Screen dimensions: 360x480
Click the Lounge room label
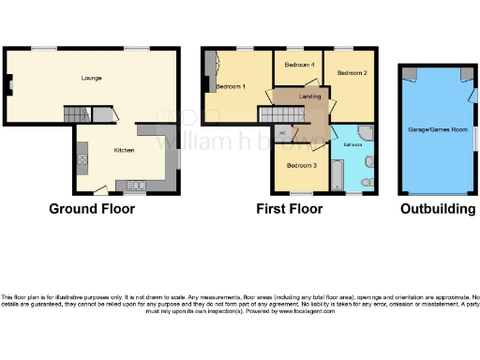point(91,78)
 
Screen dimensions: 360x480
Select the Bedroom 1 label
point(231,87)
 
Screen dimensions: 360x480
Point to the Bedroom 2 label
point(352,73)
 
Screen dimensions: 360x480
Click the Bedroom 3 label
point(302,166)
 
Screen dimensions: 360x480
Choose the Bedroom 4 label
point(298,65)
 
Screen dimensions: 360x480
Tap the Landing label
point(309,97)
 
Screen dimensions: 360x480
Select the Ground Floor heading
point(92,209)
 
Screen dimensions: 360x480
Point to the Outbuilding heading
point(438,209)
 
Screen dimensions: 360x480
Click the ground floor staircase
point(76,113)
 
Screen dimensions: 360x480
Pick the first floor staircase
point(271,113)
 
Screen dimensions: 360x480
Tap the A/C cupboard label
point(294,133)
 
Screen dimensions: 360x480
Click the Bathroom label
point(352,145)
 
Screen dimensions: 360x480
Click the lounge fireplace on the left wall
point(7,90)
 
